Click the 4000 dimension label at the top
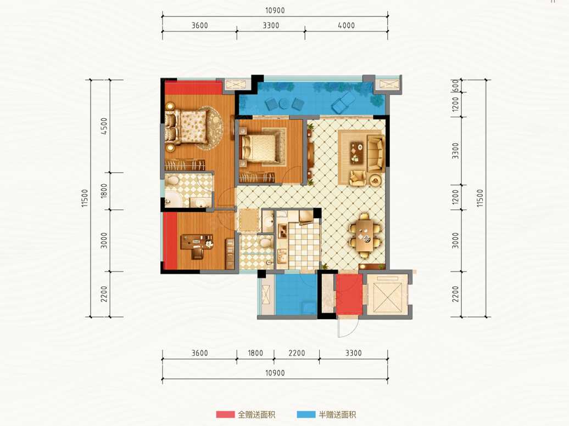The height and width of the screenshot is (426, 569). point(346,25)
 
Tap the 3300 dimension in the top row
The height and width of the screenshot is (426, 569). point(271,25)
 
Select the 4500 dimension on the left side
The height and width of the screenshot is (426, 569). point(104,126)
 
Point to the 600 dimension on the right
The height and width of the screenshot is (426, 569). point(456,86)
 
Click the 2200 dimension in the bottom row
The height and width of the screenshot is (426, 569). point(297,353)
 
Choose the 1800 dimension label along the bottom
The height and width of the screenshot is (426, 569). point(255,353)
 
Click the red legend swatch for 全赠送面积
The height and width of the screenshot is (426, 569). point(225,414)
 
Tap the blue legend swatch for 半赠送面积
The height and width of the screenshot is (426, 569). point(306,414)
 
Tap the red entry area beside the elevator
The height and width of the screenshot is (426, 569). point(349,294)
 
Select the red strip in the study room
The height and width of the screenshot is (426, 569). point(170,241)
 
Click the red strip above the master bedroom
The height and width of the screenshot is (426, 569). point(193,87)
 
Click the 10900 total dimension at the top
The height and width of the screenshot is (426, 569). point(275,10)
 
